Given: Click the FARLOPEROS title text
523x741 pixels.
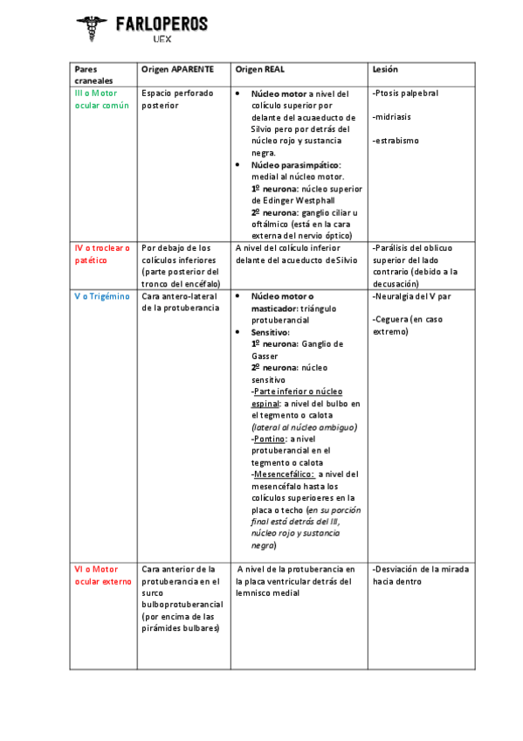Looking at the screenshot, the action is [162, 24].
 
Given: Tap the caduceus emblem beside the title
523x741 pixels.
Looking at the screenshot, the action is [92, 29].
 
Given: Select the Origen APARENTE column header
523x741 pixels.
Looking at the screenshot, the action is [176, 69].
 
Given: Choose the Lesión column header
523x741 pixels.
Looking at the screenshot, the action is [385, 69].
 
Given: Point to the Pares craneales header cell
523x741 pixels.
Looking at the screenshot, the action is [88, 74].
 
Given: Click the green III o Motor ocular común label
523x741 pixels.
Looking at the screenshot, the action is [101, 99].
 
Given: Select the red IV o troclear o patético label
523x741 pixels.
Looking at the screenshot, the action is [102, 253].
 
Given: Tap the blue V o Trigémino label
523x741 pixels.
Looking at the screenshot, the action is [101, 296].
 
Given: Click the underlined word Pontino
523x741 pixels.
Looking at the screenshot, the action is [269, 439].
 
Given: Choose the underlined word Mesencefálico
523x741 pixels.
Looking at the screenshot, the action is [284, 474].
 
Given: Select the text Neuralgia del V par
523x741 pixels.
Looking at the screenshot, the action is [412, 296].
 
